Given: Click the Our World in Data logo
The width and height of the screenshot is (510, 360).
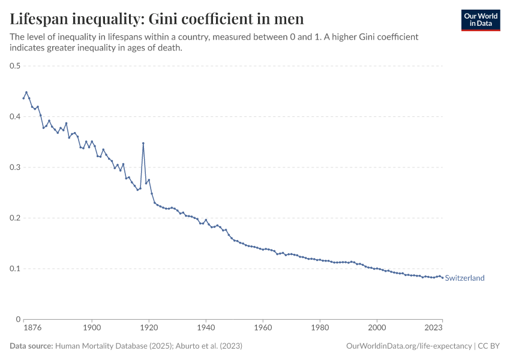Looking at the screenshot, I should pos(480,20).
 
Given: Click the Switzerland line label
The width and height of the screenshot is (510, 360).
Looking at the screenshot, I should pos(464,278).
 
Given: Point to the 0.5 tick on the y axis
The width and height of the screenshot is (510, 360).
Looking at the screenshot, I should pos(15,66).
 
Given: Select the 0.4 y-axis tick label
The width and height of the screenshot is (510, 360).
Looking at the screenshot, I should pos(15,116).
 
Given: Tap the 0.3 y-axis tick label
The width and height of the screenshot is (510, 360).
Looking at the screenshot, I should pos(15,167).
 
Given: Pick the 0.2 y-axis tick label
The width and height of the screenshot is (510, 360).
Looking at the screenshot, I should pos(15,218).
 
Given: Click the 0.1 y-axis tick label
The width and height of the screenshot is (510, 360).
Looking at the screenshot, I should pos(15,269).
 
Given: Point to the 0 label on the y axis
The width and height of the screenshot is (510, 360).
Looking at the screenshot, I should pos(18,319).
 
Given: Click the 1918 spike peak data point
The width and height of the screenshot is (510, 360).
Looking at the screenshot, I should pos(143,143).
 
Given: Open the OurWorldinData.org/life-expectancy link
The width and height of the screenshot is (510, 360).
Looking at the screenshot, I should pos(409,346).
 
